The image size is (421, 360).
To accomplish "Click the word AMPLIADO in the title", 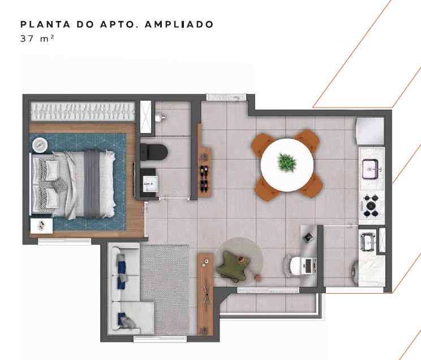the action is pyautogui.click(x=179, y=24).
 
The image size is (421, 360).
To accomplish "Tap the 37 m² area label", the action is pyautogui.click(x=37, y=38).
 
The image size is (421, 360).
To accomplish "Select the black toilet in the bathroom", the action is pyautogui.click(x=154, y=152).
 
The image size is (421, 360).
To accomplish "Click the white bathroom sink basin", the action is pyautogui.click(x=150, y=184).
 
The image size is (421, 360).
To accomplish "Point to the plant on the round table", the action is pyautogui.click(x=287, y=162).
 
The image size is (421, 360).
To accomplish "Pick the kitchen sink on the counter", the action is pyautogui.click(x=371, y=169).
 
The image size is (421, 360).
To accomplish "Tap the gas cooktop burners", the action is pyautogui.click(x=371, y=205).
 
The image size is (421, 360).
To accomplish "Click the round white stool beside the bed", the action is pyautogui.click(x=40, y=145).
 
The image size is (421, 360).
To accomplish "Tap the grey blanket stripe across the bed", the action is pyautogui.click(x=92, y=184).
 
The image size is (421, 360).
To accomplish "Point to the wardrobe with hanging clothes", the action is pyautogui.click(x=83, y=112).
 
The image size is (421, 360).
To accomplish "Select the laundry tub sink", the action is pyautogui.click(x=368, y=242).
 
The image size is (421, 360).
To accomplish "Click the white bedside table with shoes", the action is pyautogui.click(x=41, y=226).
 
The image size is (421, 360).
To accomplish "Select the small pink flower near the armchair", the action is pyautogui.click(x=258, y=278).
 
